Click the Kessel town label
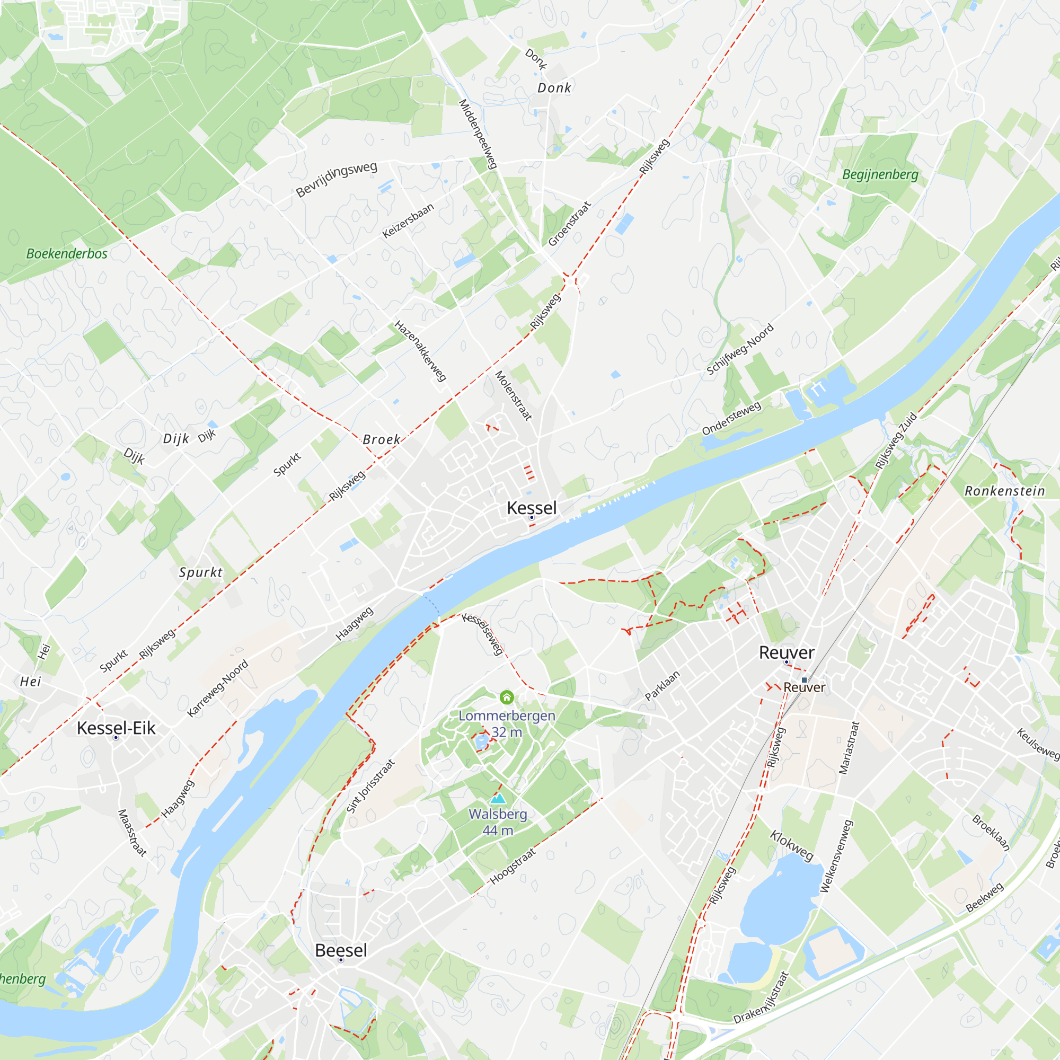tap(531, 508)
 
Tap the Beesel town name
tap(341, 950)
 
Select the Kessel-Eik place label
tap(116, 728)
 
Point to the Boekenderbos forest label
tap(67, 253)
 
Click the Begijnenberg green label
tap(880, 174)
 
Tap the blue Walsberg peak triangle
tap(498, 798)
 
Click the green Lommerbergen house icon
tap(506, 697)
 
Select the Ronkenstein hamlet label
tap(1004, 491)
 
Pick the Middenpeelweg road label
tap(478, 134)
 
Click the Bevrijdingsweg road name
tap(337, 180)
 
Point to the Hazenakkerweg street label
tap(420, 351)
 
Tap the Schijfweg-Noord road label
tap(739, 349)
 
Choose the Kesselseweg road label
tap(483, 634)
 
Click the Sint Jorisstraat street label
tap(370, 786)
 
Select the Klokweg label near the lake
tap(791, 845)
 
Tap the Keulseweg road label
tap(1037, 744)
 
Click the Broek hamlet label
tap(381, 439)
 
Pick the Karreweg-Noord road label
tap(218, 688)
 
